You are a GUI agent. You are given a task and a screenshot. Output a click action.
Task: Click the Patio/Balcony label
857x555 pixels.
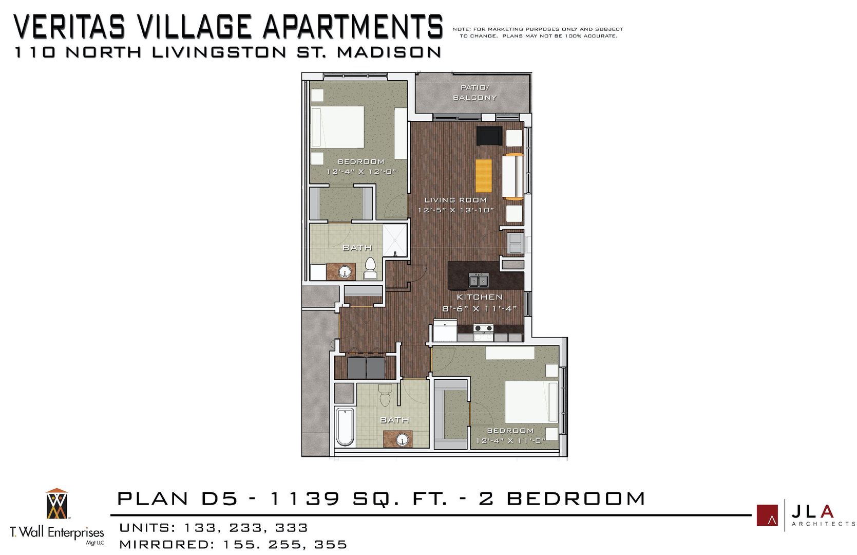[x=474, y=92]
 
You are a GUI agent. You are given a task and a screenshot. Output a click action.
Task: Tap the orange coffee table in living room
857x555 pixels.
[x=483, y=175]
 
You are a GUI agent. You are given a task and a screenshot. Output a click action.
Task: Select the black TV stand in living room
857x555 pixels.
[x=488, y=136]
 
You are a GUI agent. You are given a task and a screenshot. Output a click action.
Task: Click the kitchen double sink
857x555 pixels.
[x=479, y=281]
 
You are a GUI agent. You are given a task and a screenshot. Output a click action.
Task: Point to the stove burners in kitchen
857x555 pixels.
[x=483, y=328]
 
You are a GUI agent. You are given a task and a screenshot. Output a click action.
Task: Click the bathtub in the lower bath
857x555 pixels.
[x=345, y=427]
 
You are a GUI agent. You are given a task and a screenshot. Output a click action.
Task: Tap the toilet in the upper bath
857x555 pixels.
[x=370, y=268]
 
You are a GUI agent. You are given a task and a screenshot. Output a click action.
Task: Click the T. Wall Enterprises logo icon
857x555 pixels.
[x=56, y=504]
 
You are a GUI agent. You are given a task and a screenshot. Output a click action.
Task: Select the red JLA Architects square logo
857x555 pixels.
[x=767, y=515]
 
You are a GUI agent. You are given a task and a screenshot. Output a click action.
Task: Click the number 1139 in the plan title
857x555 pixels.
[x=304, y=498]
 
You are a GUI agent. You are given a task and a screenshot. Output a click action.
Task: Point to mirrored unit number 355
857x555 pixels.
[x=331, y=544]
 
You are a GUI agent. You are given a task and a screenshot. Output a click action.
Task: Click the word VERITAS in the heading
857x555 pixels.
[x=69, y=27]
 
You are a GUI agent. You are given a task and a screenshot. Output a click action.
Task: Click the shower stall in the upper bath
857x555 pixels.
[x=395, y=239]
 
